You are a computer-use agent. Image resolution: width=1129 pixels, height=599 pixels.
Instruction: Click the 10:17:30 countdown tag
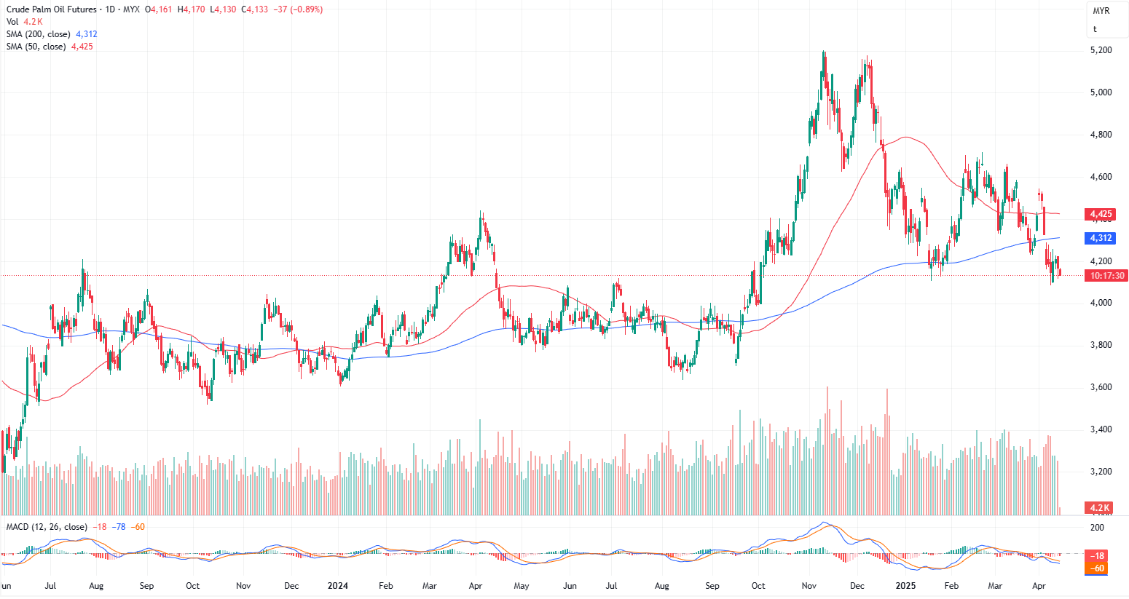1106,276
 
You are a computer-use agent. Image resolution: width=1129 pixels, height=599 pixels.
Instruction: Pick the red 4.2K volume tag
1100,507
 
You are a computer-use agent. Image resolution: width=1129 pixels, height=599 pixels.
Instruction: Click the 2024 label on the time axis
337,586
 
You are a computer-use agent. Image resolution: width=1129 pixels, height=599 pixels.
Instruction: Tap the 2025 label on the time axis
905,586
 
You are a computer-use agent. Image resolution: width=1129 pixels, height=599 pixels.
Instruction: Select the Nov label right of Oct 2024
809,586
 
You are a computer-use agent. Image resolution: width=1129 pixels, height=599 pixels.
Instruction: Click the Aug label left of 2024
95,586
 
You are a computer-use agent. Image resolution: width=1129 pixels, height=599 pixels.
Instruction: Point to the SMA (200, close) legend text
39,34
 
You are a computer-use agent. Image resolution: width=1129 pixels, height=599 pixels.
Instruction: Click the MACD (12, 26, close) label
47,527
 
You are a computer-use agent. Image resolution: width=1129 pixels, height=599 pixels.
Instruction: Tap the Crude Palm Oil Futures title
52,9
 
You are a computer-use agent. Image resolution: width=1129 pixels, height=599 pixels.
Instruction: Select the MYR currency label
1101,11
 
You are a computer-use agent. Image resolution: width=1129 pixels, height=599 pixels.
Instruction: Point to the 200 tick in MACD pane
1097,528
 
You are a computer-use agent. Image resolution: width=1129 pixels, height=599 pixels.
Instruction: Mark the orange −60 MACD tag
1096,568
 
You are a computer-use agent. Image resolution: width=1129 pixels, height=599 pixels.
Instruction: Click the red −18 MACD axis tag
1099,555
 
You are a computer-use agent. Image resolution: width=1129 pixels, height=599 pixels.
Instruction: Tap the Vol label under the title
12,22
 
